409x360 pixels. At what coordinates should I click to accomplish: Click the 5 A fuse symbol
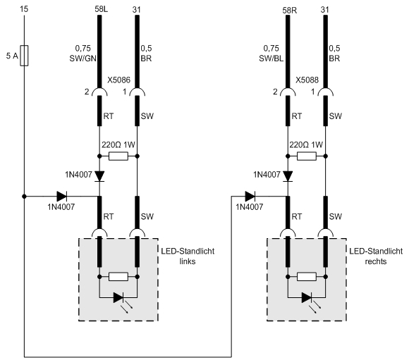click(x=24, y=56)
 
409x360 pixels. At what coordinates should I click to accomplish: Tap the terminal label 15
click(x=24, y=9)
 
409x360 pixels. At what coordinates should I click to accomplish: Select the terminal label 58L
click(x=102, y=9)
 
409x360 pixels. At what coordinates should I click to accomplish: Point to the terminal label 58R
click(x=290, y=10)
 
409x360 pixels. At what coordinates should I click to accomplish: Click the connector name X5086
click(x=119, y=80)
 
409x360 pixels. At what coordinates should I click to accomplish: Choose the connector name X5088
click(x=307, y=80)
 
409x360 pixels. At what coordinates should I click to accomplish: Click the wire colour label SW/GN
click(x=83, y=58)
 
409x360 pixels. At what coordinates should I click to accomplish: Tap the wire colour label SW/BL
click(x=271, y=58)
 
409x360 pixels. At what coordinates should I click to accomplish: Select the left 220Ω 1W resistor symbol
click(x=118, y=156)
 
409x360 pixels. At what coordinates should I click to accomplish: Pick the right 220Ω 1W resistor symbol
click(x=307, y=156)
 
